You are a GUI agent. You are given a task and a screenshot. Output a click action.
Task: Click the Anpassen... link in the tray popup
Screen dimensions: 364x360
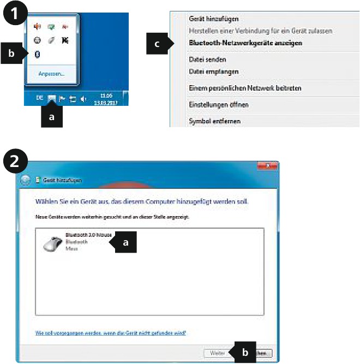tap(51, 73)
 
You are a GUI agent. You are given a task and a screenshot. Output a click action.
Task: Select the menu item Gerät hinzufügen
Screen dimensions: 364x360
tap(213, 19)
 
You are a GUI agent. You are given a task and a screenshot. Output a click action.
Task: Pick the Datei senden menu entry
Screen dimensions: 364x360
tap(207, 59)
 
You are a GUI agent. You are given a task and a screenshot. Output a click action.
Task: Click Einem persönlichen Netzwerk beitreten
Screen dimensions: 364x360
tap(244, 88)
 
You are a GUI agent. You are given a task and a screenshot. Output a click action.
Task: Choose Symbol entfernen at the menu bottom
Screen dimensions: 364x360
tap(214, 121)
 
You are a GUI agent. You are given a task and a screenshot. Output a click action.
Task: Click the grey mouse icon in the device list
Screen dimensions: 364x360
tap(53, 242)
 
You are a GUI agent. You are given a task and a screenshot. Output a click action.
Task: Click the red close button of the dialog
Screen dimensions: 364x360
tap(267, 165)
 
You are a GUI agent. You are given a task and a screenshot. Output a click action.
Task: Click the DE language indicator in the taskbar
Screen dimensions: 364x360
tap(39, 98)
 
